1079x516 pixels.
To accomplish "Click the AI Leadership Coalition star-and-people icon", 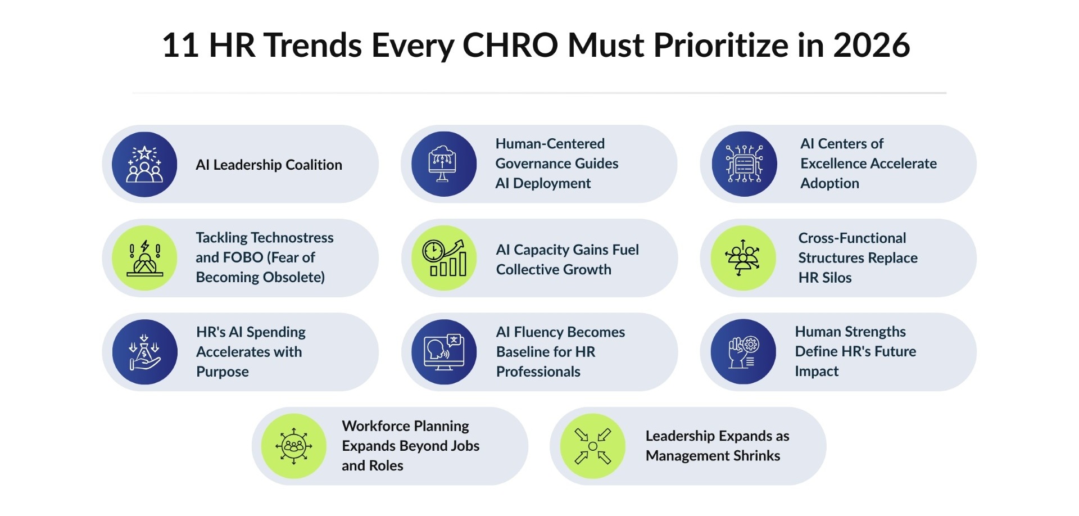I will point(144,164).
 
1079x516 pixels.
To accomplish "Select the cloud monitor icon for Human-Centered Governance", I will point(444,164).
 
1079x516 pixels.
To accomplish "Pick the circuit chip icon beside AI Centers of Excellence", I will point(744,164).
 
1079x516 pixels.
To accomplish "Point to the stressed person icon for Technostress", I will point(144,258).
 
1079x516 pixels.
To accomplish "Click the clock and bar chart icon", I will point(444,258).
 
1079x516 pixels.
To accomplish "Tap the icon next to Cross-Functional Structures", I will point(743,258).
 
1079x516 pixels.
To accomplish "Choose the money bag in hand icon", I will point(144,352).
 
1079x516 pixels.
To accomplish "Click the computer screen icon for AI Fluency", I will point(444,352).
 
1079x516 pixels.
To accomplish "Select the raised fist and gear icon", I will point(743,352).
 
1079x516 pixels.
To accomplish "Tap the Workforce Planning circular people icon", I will point(294,446).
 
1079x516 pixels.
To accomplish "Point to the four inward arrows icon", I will point(593,446).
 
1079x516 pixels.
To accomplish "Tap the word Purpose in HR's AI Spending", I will point(222,372).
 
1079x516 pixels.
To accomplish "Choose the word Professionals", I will point(538,372).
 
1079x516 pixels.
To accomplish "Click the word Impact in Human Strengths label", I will point(816,372).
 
